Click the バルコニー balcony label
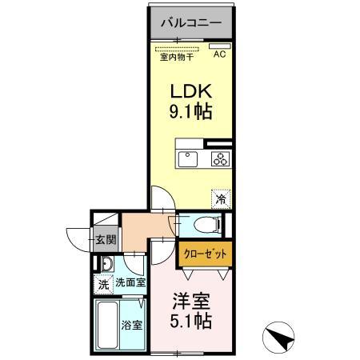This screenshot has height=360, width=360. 191,22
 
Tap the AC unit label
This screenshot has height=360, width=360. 219,54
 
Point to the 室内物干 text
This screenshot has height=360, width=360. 176,55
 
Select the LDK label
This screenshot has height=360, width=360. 190,90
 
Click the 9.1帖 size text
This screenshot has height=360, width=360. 190,112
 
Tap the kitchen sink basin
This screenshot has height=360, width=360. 187,158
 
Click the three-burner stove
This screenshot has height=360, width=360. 220,158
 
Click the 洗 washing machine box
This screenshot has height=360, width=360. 103,283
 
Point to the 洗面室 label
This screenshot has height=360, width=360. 129,282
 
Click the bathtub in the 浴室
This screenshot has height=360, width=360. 107,324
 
